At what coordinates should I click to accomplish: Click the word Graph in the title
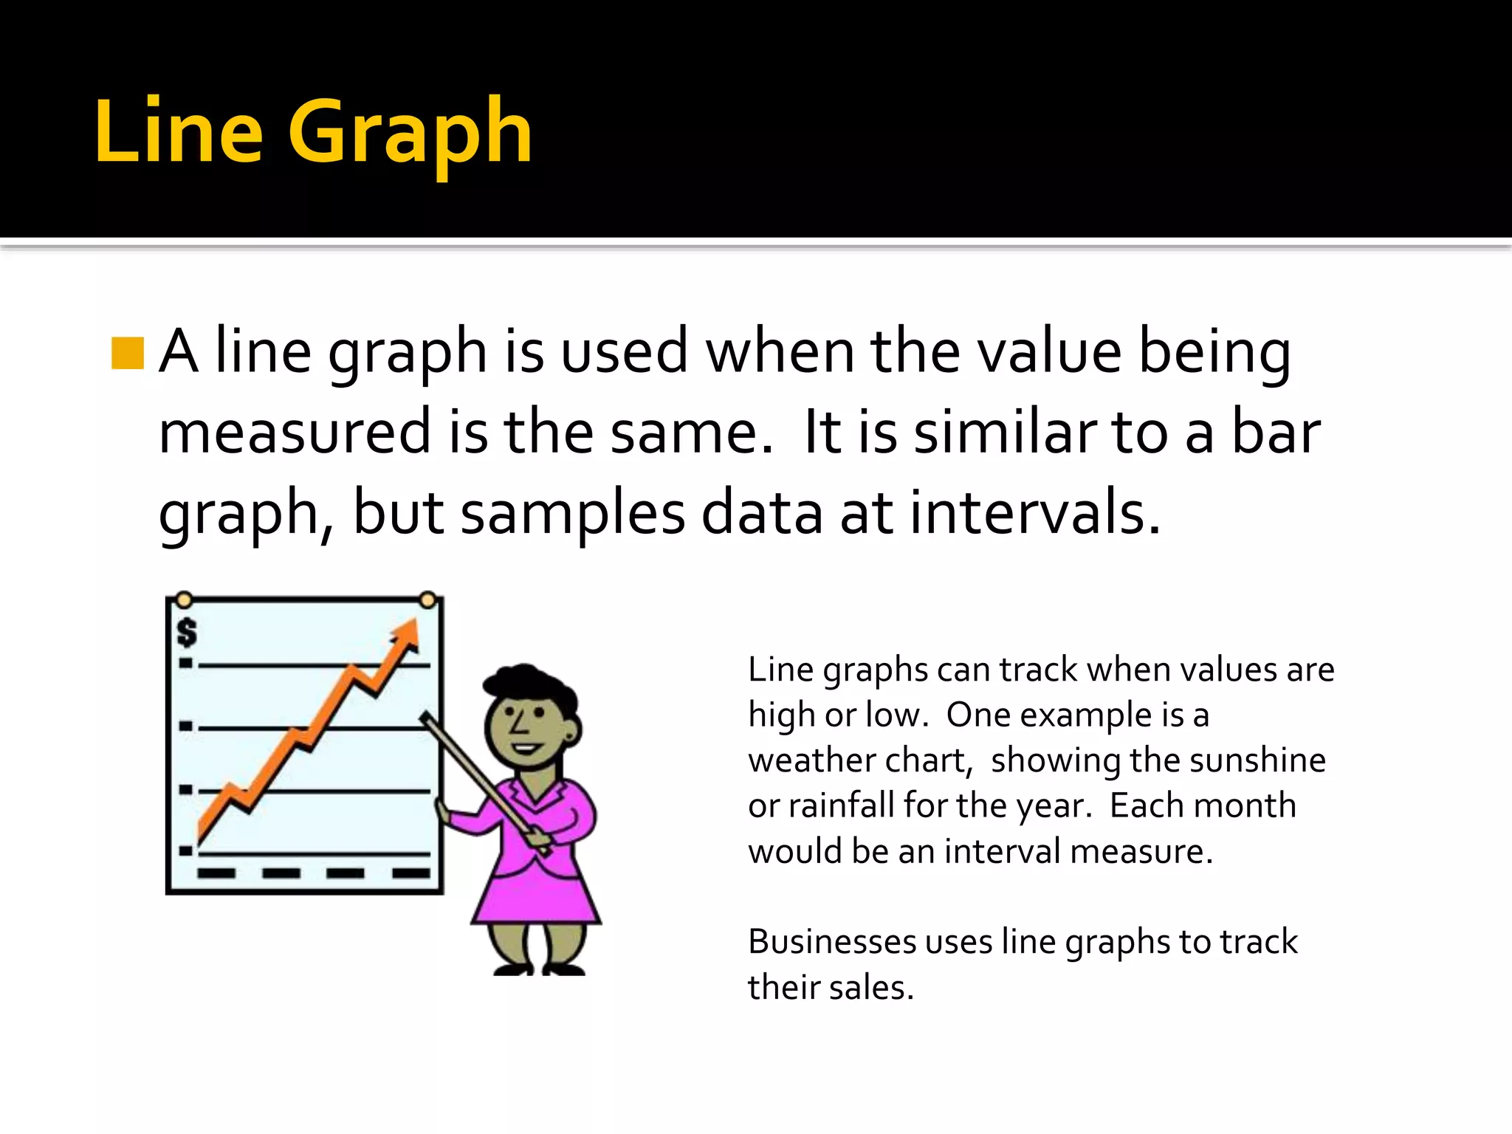click(x=410, y=133)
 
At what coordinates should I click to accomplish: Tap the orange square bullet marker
click(x=127, y=353)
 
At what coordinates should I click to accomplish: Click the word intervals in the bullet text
click(x=1034, y=513)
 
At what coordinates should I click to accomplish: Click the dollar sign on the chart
click(x=188, y=633)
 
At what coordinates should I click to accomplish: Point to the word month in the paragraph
click(x=1250, y=805)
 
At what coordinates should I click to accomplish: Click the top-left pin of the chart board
click(x=185, y=599)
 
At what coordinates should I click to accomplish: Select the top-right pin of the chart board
click(x=427, y=599)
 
